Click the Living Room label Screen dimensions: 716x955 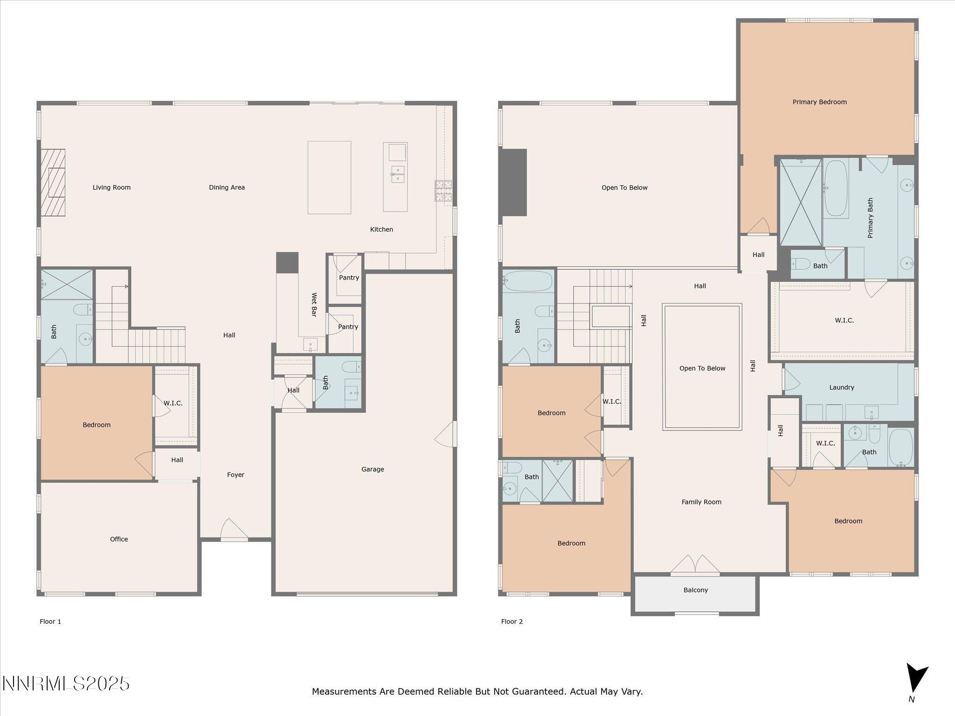click(x=111, y=187)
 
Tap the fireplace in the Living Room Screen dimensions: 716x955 click(x=53, y=183)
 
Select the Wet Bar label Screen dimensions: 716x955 click(x=314, y=304)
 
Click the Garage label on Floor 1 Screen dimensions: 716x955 click(x=373, y=469)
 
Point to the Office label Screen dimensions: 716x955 click(x=119, y=539)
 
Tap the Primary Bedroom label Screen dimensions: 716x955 click(x=819, y=102)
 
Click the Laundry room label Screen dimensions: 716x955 click(x=842, y=387)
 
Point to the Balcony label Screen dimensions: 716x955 click(x=696, y=590)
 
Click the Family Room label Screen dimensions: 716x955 click(x=701, y=502)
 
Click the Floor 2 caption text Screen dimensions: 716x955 click(x=512, y=621)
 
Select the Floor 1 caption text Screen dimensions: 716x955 click(x=50, y=621)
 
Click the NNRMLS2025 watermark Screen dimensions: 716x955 click(x=66, y=684)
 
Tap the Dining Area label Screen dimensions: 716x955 click(x=227, y=187)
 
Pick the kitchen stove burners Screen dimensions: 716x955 click(x=443, y=191)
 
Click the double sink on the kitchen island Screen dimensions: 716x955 click(x=397, y=174)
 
